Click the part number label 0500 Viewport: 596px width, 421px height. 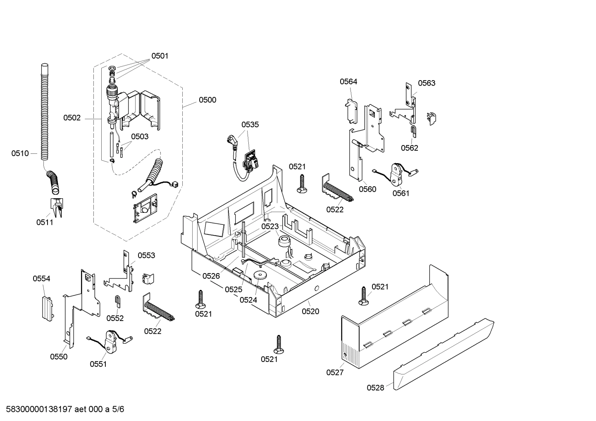point(207,100)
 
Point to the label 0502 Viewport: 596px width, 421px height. point(72,118)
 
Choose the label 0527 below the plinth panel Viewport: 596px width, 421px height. point(334,373)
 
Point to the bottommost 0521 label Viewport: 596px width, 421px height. point(269,359)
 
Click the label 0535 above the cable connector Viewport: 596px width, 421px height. point(250,124)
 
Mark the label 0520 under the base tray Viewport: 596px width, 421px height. point(310,312)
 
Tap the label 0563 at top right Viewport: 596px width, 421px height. point(426,83)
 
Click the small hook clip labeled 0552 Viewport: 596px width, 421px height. point(117,302)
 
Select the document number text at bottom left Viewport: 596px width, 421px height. point(62,409)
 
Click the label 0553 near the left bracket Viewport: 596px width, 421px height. point(146,255)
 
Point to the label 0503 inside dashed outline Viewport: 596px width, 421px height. point(140,136)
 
